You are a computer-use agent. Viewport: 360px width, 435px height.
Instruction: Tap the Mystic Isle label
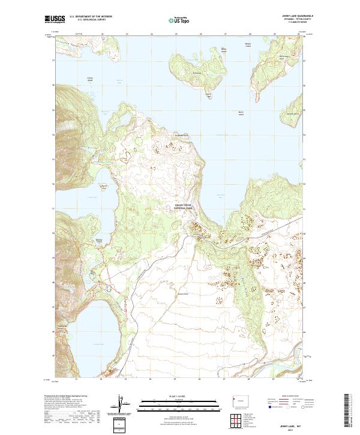[x=209, y=95]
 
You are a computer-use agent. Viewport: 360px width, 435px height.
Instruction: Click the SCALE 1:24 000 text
[x=179, y=395]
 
